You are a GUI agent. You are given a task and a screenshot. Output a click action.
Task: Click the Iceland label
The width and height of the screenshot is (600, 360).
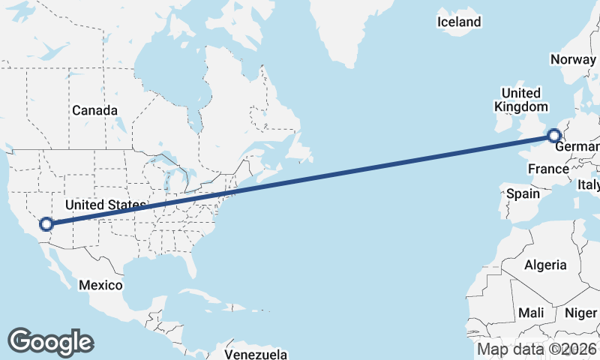click(x=458, y=22)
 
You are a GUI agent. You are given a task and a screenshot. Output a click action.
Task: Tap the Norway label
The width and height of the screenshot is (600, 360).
click(x=574, y=59)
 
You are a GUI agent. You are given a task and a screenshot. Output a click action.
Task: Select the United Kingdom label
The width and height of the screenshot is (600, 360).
click(x=520, y=99)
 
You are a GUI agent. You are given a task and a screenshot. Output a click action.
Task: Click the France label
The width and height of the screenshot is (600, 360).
click(x=548, y=169)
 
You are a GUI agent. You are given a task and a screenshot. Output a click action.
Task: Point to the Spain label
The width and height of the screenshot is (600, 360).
click(x=523, y=193)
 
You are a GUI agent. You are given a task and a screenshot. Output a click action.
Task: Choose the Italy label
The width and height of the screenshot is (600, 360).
click(x=588, y=184)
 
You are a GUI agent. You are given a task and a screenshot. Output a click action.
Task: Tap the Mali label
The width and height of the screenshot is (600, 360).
click(x=531, y=312)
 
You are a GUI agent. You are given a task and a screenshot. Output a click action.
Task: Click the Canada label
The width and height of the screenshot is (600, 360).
click(x=94, y=110)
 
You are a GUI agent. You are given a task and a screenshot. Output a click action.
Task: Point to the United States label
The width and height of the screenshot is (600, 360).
click(x=104, y=205)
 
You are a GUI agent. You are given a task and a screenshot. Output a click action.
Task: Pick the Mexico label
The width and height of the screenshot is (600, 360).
click(x=100, y=285)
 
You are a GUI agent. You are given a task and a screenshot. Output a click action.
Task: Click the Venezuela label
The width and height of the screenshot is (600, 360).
click(x=256, y=353)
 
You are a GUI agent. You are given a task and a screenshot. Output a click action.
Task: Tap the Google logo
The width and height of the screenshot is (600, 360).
click(x=50, y=341)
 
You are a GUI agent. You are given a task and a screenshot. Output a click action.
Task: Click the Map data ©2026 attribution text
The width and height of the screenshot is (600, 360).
click(x=536, y=349)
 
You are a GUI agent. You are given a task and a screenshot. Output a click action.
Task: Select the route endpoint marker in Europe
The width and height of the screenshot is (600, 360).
click(x=554, y=136)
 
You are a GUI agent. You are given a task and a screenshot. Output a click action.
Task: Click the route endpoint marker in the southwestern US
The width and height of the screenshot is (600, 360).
click(x=46, y=223)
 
